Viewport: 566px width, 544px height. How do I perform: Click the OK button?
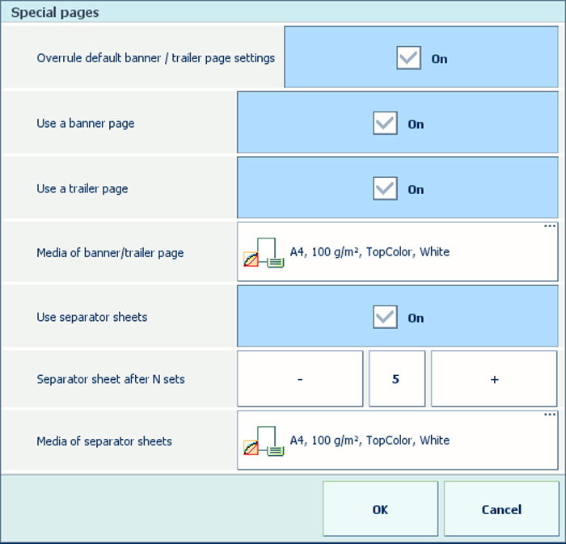[380, 508]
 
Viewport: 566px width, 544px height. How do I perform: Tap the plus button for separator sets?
[494, 379]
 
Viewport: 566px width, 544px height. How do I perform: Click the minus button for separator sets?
[300, 379]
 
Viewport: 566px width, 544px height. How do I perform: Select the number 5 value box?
[397, 379]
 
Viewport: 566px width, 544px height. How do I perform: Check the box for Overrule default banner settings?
[408, 57]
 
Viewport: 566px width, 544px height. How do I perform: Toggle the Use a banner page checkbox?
[385, 123]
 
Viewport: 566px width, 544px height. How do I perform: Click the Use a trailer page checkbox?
[385, 188]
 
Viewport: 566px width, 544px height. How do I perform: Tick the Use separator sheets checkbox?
[385, 317]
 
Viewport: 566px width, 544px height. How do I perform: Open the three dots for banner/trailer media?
[549, 226]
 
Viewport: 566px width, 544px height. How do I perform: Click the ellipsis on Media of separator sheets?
[549, 415]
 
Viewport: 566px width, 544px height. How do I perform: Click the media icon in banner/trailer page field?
[264, 252]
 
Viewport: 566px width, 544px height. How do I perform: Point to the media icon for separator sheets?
[264, 441]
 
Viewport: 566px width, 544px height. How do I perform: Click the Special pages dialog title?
[55, 13]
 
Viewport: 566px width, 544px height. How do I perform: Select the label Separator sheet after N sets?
[111, 379]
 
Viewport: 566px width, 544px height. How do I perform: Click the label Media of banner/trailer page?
[110, 253]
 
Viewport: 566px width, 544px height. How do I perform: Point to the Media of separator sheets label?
[104, 441]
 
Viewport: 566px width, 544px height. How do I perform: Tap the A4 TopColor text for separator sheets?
[370, 441]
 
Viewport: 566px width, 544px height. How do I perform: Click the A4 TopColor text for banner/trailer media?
[370, 252]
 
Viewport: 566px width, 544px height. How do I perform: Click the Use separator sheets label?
[92, 317]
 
